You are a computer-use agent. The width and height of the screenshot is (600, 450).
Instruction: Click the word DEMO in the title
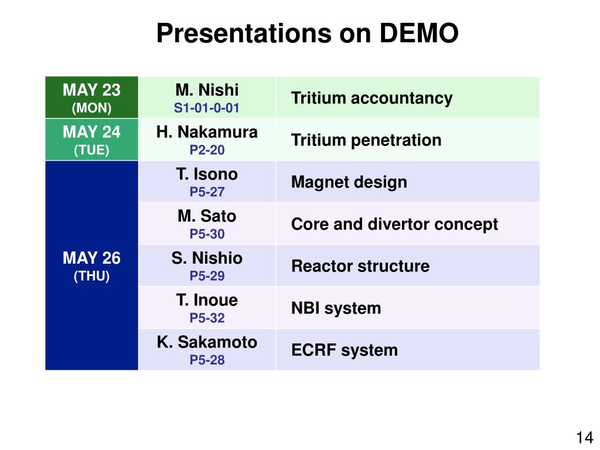pos(418,33)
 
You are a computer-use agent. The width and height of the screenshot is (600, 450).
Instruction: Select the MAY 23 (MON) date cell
pos(91,97)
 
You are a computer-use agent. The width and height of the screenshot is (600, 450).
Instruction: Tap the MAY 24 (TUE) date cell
pos(91,139)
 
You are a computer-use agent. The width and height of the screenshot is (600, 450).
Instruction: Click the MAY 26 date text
pos(91,258)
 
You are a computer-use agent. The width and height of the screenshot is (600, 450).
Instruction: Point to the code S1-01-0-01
pos(207,108)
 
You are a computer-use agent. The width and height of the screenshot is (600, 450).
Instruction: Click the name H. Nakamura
pos(207,132)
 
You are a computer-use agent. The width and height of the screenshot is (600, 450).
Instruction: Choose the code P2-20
pos(207,150)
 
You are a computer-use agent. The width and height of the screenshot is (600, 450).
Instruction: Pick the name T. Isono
pos(207,174)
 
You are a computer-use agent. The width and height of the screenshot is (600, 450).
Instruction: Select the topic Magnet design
pos(349,182)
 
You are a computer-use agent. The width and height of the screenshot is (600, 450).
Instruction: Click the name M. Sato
pos(207,216)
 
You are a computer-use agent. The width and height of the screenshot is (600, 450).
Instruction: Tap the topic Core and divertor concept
pos(394,224)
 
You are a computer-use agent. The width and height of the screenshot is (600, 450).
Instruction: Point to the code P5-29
pos(207,276)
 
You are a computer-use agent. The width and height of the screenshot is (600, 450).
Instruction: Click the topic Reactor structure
pos(360,266)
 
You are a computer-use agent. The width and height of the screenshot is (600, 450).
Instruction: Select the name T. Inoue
pos(207,300)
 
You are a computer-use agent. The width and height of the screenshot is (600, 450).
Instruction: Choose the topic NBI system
pos(336,308)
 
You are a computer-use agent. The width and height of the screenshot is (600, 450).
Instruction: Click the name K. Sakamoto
pos(207,342)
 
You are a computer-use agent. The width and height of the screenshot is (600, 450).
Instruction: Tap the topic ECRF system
pos(345,350)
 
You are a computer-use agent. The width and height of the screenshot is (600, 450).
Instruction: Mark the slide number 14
pos(585,437)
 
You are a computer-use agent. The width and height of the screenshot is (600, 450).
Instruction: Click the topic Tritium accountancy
pos(371,98)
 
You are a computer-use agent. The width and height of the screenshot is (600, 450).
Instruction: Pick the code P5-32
pos(207,318)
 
